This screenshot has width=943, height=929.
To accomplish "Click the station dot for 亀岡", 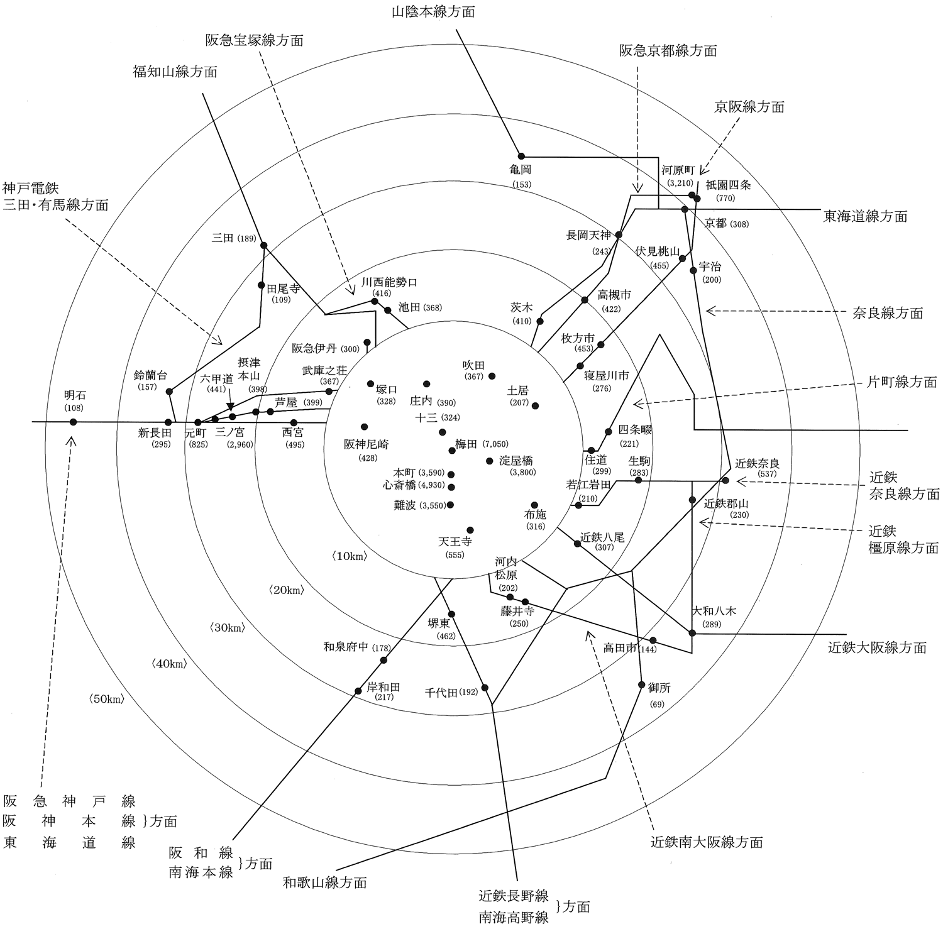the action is coord(521,156).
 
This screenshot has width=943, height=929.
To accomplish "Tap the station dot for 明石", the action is coord(73,422).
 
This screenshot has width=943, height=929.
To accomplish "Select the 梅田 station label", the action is coord(466,444).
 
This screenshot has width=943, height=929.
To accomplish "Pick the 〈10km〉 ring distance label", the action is coord(348,556).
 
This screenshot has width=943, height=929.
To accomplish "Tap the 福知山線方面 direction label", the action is coord(175,72).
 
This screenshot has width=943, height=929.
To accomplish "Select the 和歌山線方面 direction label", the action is coord(324,882).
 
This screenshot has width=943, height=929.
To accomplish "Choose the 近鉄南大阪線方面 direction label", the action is coord(707,842).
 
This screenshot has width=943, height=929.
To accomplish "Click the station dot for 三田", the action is coord(264,245).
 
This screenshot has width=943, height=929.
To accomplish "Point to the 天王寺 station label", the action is coord(455,541).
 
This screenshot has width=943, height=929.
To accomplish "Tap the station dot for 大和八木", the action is coord(692,633).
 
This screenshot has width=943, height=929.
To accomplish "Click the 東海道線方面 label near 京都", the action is coord(866,216).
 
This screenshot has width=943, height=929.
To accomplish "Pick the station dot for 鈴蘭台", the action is coord(169,392).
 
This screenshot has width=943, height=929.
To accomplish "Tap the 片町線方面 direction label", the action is coord(902,382).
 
